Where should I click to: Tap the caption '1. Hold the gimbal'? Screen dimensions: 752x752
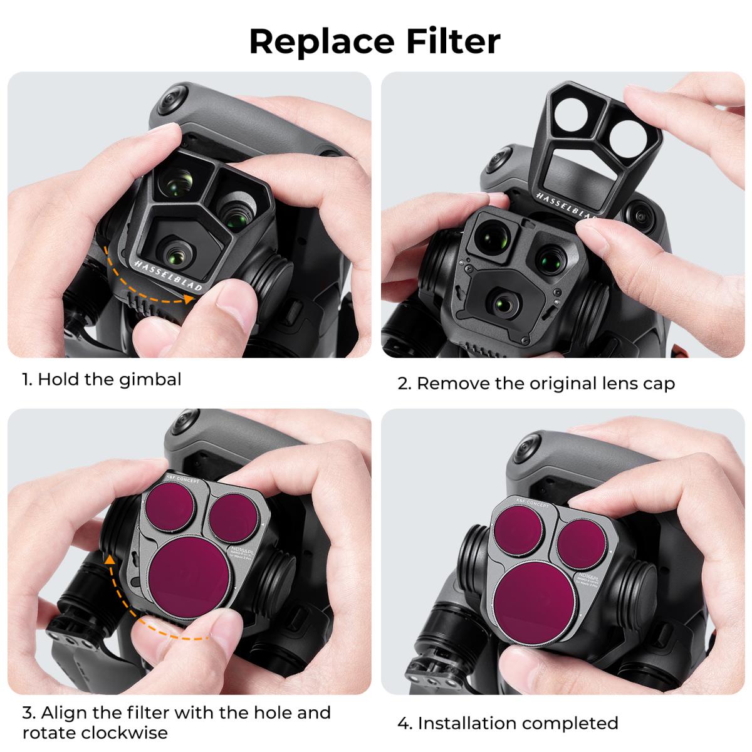(102, 380)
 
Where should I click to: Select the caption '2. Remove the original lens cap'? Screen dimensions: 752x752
(536, 383)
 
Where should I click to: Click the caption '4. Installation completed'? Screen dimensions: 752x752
(508, 723)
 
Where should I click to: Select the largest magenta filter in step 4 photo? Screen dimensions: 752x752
(535, 593)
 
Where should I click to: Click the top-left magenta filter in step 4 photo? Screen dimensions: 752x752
(518, 526)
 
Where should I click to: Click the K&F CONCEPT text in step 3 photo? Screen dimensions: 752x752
(182, 478)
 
